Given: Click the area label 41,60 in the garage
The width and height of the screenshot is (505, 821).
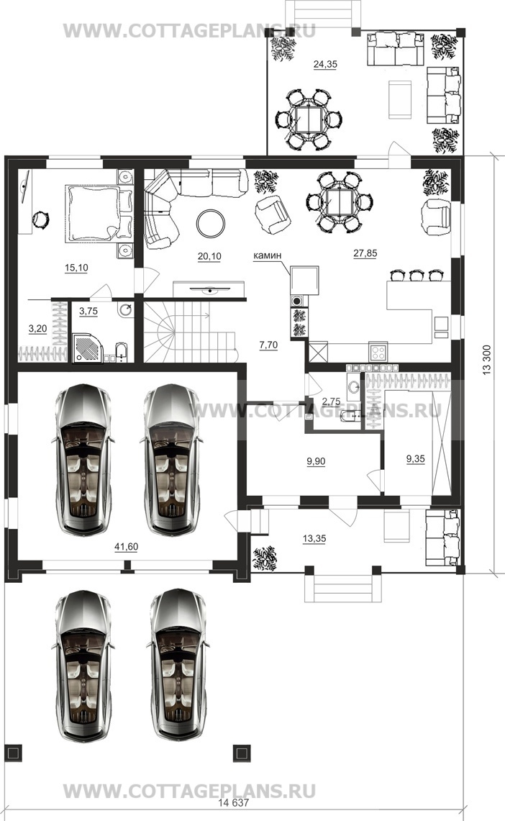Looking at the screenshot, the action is pos(126,547).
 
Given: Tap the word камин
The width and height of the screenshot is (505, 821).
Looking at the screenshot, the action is pos(268,255).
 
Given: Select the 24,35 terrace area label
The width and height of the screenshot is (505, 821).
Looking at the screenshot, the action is pos(325,65).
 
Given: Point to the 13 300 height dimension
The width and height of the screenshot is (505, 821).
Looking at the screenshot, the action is pos(487,360).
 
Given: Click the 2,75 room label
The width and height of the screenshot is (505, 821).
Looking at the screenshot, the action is pos(331,402).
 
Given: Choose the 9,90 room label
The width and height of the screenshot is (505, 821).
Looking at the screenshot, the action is pos(316,461).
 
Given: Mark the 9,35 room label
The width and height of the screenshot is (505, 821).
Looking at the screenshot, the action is pos(416,458).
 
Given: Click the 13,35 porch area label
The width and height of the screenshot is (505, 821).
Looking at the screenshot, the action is pos(314,538).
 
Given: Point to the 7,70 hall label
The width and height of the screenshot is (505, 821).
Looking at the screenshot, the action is pos(268,345).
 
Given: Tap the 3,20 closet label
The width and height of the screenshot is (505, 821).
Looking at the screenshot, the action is pos(37,329).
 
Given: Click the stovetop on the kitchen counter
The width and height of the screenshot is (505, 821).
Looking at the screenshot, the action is pos(378,351).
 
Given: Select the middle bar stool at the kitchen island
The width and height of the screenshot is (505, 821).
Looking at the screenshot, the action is pos(417,275).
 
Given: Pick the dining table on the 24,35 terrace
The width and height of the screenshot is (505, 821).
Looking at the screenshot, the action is pos(308,119).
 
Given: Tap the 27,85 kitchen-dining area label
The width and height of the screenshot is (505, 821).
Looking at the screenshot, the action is pos(365,253).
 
